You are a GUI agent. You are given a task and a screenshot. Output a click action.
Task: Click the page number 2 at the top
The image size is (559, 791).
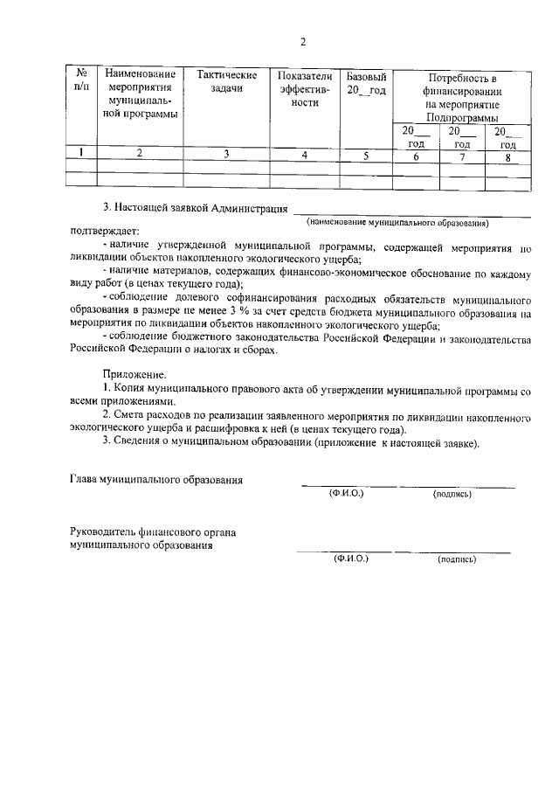303,42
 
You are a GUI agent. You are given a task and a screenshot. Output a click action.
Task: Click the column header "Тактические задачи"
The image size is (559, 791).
226,82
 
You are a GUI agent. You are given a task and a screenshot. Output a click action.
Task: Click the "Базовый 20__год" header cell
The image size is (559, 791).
366,82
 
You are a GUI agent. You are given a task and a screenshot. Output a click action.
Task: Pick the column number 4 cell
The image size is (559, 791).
305,155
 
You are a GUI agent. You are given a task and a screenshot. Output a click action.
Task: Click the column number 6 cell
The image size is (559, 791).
417,156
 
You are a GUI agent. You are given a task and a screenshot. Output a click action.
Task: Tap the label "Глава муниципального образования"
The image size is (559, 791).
156,480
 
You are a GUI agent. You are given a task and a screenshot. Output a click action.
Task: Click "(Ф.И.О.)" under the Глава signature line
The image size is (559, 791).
346,494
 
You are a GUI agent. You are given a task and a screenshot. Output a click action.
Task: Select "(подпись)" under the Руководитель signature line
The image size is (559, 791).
457,559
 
